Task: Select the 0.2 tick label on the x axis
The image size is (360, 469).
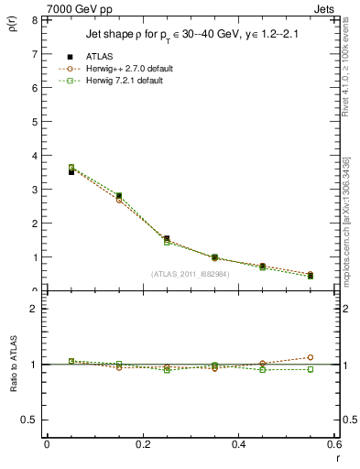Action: pos(142,444)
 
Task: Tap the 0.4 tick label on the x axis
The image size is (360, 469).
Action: pos(238,444)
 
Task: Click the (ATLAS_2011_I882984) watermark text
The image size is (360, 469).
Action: pos(190,274)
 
